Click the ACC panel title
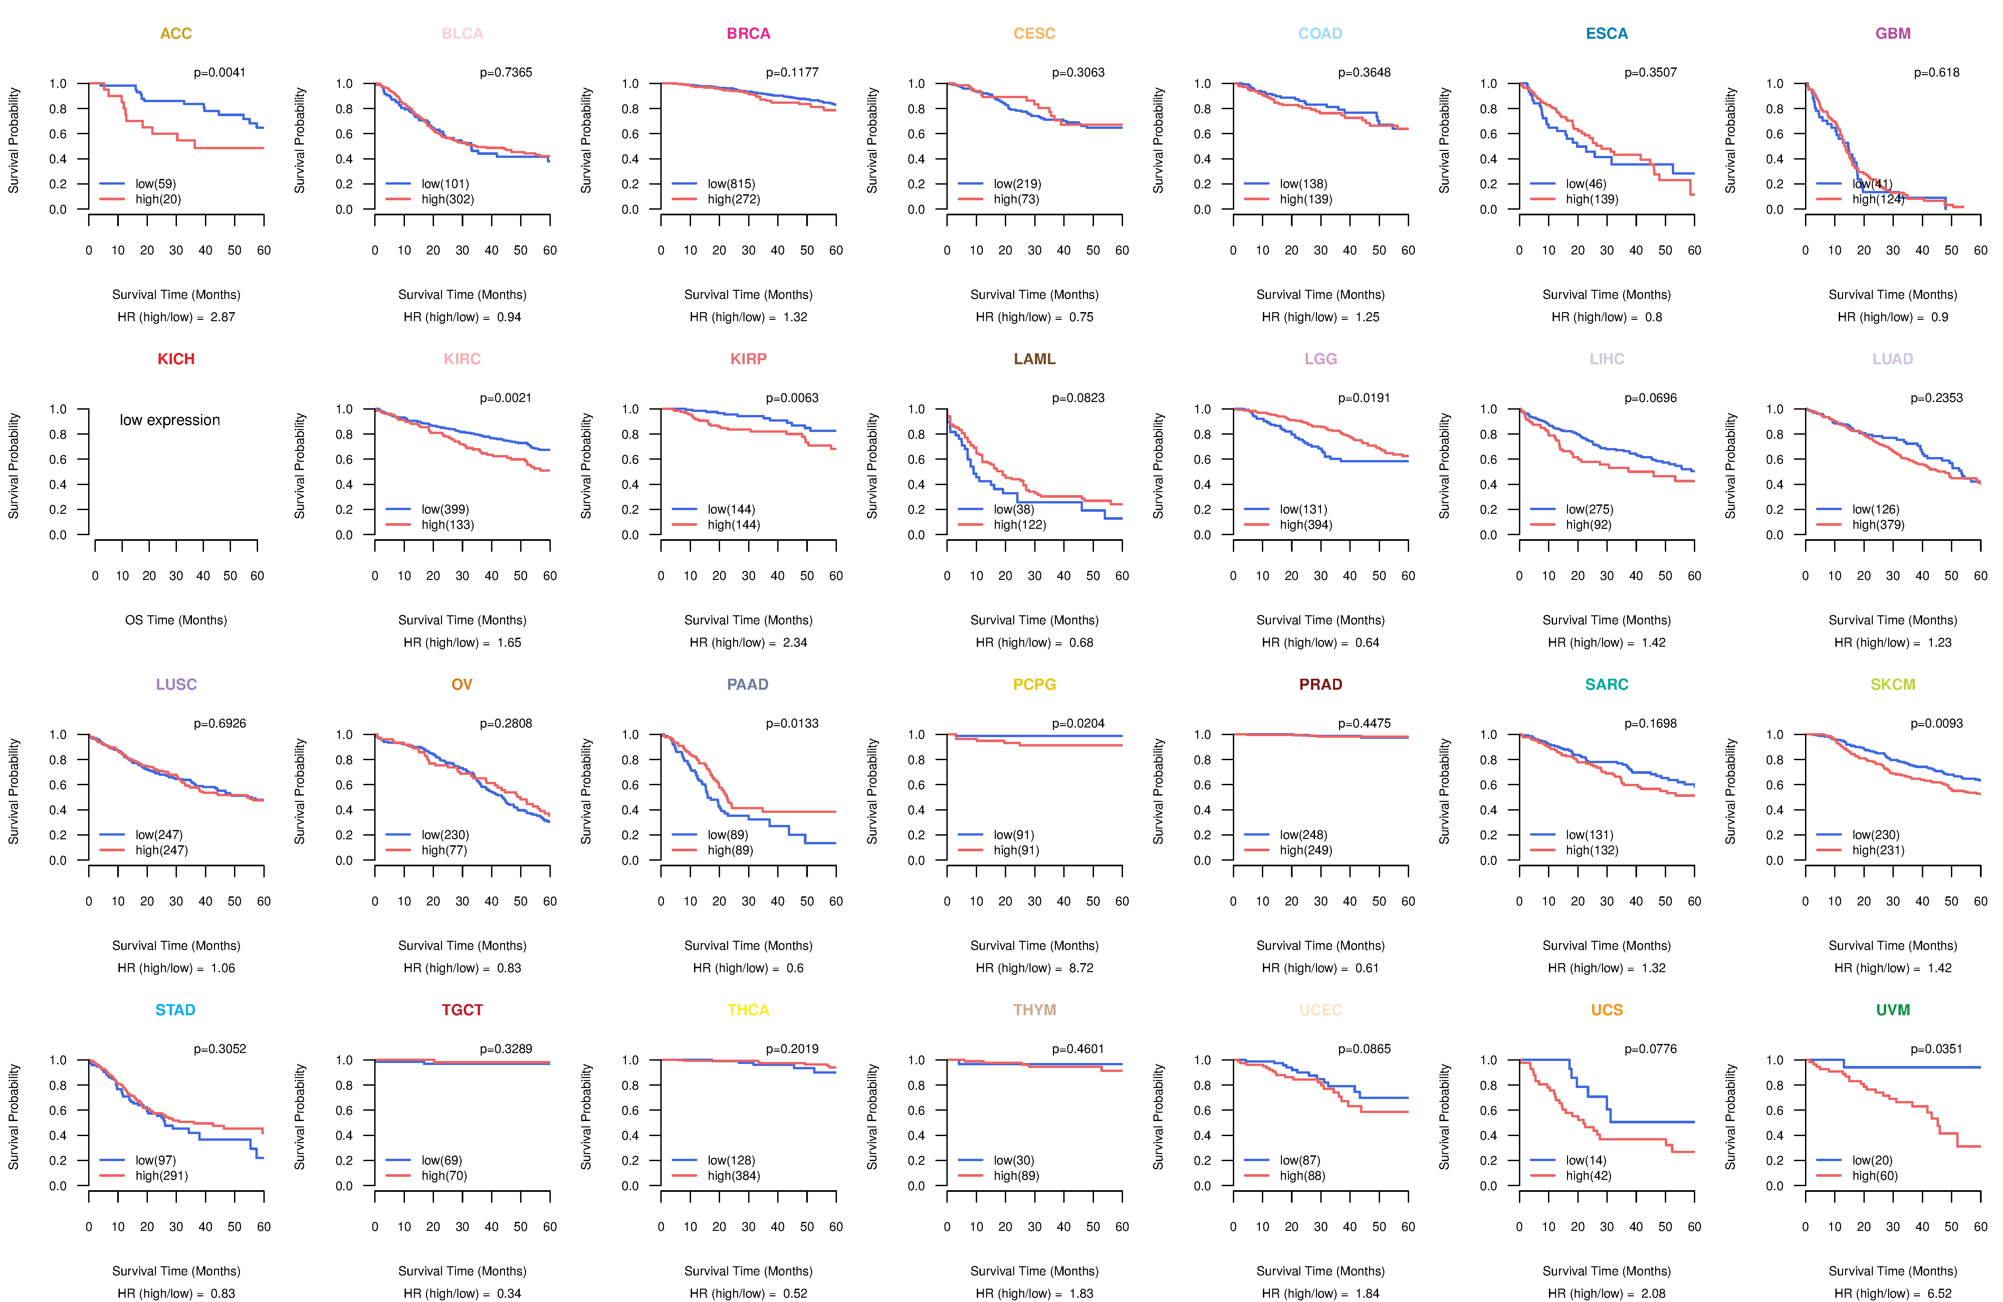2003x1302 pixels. pyautogui.click(x=176, y=34)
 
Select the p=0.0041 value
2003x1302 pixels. pyautogui.click(x=220, y=72)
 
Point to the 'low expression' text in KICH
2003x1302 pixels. pyautogui.click(x=170, y=420)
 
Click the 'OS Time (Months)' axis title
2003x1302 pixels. pyautogui.click(x=176, y=620)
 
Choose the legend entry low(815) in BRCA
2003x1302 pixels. pyautogui.click(x=731, y=184)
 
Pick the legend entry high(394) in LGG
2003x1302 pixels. pyautogui.click(x=1306, y=524)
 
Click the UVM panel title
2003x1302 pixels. pyautogui.click(x=1893, y=1010)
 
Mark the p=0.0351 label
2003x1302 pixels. pyautogui.click(x=1937, y=1049)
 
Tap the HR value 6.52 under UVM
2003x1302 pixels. pyautogui.click(x=1940, y=1294)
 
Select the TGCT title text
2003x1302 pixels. pyautogui.click(x=462, y=1010)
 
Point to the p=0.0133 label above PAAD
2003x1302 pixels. pyautogui.click(x=792, y=723)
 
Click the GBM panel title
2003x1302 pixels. pyautogui.click(x=1893, y=34)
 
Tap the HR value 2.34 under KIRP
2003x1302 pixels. pyautogui.click(x=795, y=642)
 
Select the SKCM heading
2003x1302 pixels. pyautogui.click(x=1893, y=684)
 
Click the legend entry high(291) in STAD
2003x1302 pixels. pyautogui.click(x=162, y=1176)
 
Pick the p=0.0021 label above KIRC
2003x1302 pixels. pyautogui.click(x=506, y=398)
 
